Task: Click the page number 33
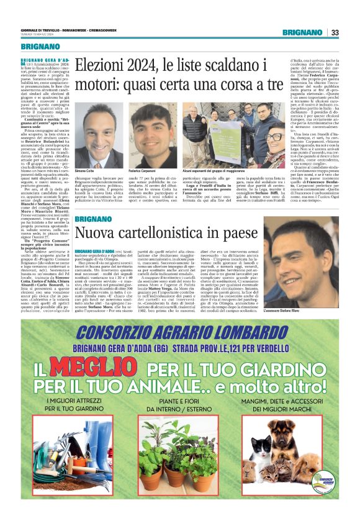tap(335, 32)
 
